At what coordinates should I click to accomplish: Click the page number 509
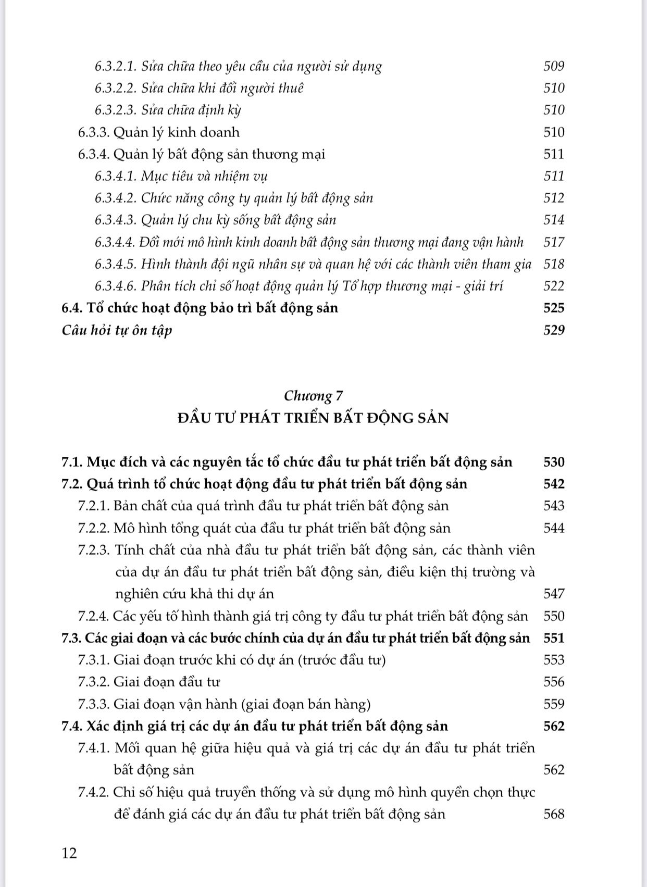pos(554,66)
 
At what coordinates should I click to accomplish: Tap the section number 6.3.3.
pos(94,132)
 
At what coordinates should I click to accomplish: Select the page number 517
pos(554,242)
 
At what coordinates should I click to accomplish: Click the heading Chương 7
pos(313,396)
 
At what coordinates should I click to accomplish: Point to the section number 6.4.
pos(72,308)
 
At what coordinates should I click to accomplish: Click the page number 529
pos(554,330)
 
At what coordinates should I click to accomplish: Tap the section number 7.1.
pos(72,462)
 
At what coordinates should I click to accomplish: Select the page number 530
pos(554,462)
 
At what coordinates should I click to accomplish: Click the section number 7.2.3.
pos(94,550)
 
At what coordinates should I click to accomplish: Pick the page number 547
pos(554,594)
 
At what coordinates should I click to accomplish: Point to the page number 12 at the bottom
pos(69,853)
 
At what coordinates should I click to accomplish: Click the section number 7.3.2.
pos(94,682)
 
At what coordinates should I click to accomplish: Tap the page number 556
pos(554,682)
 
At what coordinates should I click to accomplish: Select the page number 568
pos(554,814)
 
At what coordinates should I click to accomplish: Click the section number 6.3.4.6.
pos(116,286)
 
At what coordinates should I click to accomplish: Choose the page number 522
pos(554,286)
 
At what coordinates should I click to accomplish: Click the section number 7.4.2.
pos(94,792)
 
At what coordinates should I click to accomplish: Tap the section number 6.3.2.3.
pos(116,110)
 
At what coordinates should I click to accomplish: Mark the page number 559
pos(554,704)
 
